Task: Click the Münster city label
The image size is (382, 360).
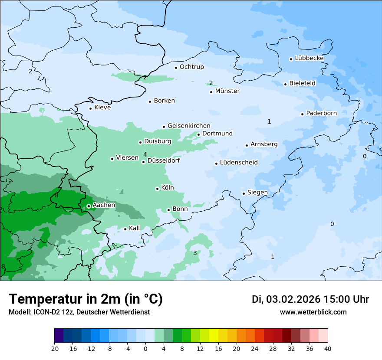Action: pyautogui.click(x=227, y=91)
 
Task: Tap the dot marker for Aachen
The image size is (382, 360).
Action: pyautogui.click(x=89, y=206)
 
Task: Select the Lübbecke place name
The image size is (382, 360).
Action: pyautogui.click(x=309, y=58)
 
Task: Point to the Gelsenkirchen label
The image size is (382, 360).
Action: pyautogui.click(x=189, y=126)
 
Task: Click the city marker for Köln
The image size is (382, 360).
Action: pyautogui.click(x=157, y=189)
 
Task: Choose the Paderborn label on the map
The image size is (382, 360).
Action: pyautogui.click(x=321, y=113)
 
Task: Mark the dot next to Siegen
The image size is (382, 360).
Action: pyautogui.click(x=244, y=193)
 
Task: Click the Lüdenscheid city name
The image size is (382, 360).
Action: pyautogui.click(x=239, y=163)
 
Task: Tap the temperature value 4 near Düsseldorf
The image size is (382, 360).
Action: pyautogui.click(x=145, y=154)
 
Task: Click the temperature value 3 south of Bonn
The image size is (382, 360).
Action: pyautogui.click(x=195, y=253)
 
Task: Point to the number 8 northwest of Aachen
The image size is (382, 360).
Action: pyautogui.click(x=56, y=196)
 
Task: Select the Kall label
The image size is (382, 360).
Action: pyautogui.click(x=135, y=228)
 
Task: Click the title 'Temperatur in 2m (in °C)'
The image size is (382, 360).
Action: pyautogui.click(x=86, y=299)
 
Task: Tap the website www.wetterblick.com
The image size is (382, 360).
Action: pyautogui.click(x=313, y=312)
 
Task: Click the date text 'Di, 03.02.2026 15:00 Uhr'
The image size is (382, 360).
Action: pyautogui.click(x=310, y=299)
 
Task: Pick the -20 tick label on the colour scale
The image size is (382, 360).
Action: pyautogui.click(x=54, y=349)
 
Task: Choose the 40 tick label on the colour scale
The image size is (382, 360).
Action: pyautogui.click(x=327, y=349)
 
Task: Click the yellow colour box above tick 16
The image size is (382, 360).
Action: pyautogui.click(x=214, y=336)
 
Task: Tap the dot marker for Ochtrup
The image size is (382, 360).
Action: pyautogui.click(x=176, y=67)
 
